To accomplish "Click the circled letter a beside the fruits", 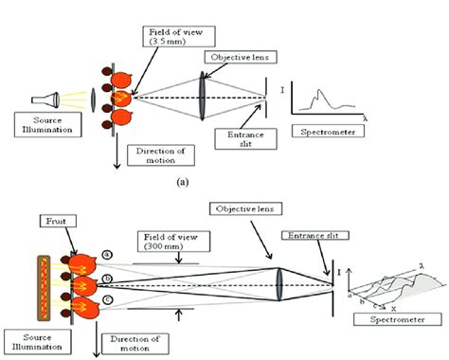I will (108, 254).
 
